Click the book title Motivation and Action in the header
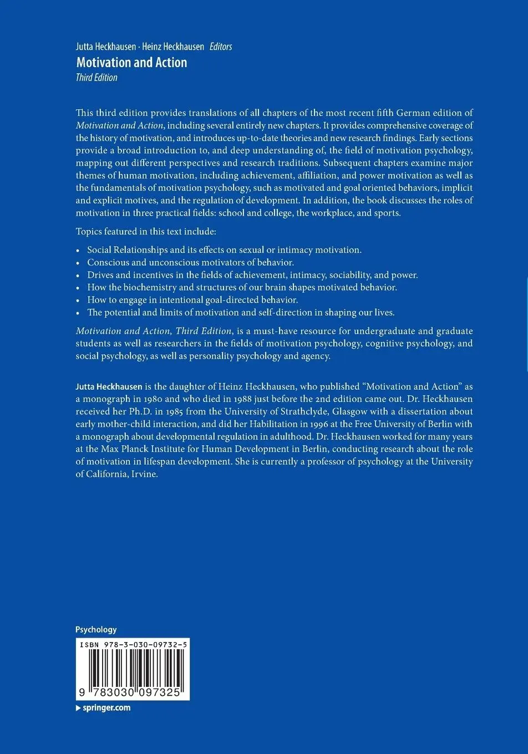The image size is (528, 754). pyautogui.click(x=131, y=63)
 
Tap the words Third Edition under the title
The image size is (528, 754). pyautogui.click(x=97, y=78)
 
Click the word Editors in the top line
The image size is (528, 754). pyautogui.click(x=221, y=47)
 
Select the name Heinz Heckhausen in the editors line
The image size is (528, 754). pyautogui.click(x=173, y=47)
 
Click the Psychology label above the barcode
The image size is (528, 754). pyautogui.click(x=96, y=629)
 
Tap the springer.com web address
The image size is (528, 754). pyautogui.click(x=106, y=707)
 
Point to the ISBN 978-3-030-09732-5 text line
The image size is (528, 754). pyautogui.click(x=133, y=645)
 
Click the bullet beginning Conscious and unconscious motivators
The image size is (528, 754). pyautogui.click(x=190, y=262)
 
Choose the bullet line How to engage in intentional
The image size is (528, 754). pyautogui.click(x=192, y=300)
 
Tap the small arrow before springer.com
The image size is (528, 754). pyautogui.click(x=78, y=708)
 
